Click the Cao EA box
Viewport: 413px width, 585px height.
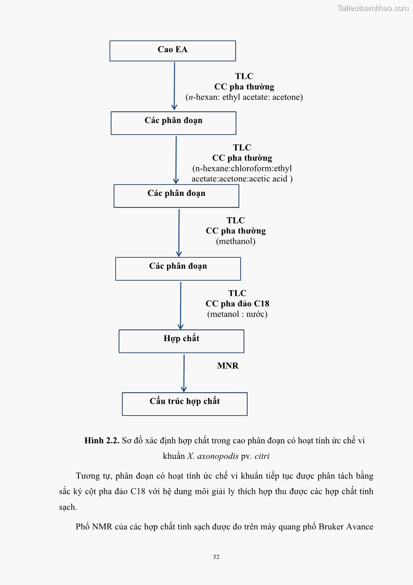tap(173, 51)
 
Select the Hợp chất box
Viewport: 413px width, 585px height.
tap(181, 341)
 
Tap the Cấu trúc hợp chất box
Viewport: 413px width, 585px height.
tap(185, 403)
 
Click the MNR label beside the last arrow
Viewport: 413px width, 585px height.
tap(228, 366)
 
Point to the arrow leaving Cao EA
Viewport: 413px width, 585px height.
tap(174, 86)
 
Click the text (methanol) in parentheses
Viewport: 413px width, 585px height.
tap(236, 241)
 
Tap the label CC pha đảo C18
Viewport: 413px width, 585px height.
tap(237, 304)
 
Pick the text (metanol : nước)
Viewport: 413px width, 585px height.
tap(237, 314)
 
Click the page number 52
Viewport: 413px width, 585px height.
tap(216, 557)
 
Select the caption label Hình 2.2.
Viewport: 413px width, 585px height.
tap(102, 441)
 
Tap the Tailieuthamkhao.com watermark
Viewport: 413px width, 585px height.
tap(372, 8)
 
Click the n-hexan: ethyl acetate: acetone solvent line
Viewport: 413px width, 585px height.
tap(244, 97)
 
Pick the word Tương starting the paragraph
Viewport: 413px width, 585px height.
tap(88, 476)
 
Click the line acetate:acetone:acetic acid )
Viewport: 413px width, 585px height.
tap(242, 179)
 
